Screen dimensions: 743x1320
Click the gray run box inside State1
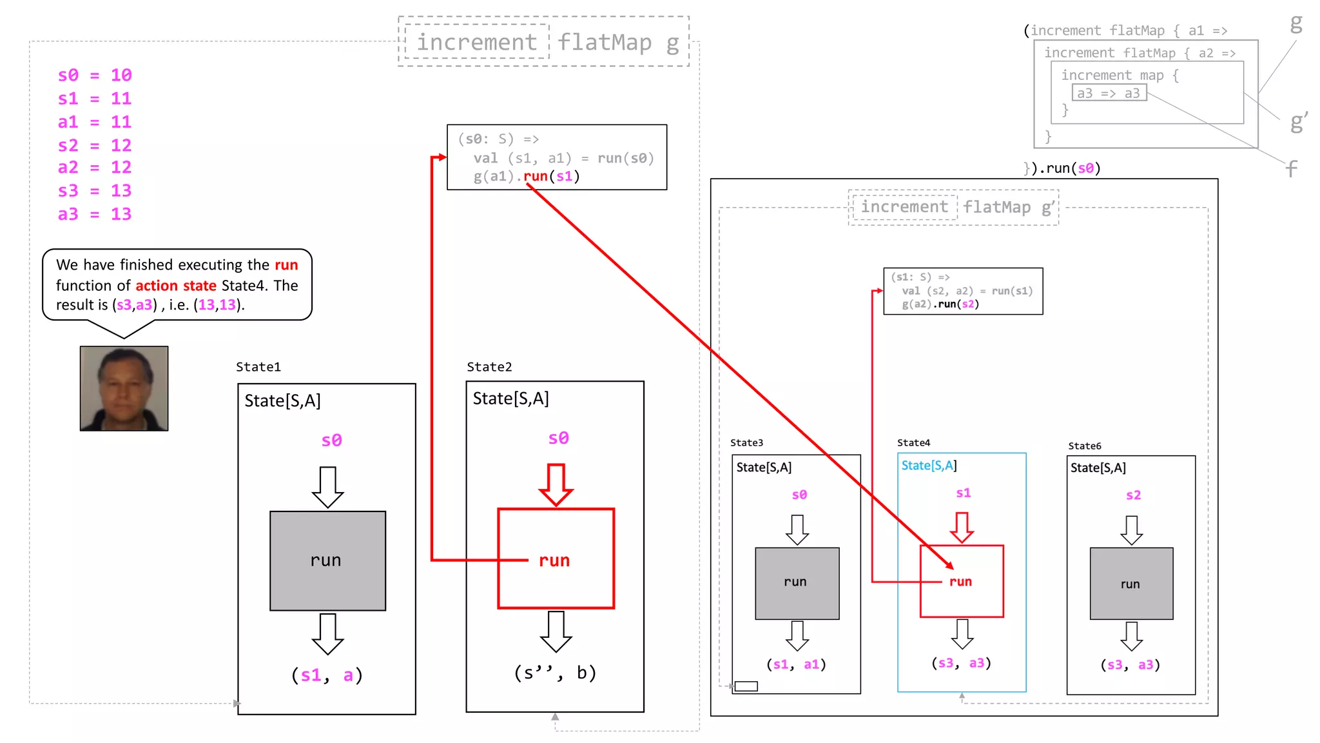click(x=327, y=560)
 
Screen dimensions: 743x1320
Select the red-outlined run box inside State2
click(x=556, y=559)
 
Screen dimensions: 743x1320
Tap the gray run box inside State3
click(x=797, y=583)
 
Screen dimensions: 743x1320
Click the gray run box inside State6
click(x=1131, y=584)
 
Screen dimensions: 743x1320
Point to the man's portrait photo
click(x=124, y=388)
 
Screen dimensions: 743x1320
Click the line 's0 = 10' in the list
click(x=95, y=75)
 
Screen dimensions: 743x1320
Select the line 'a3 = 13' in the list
click(x=95, y=214)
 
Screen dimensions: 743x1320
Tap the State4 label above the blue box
click(x=913, y=442)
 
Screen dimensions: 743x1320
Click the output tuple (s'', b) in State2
click(x=555, y=673)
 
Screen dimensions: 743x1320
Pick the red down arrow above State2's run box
click(x=556, y=484)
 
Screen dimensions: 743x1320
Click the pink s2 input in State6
click(x=1133, y=495)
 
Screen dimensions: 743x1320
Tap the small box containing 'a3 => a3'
click(x=1109, y=94)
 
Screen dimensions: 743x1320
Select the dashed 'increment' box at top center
click(x=476, y=42)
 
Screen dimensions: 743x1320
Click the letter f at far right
click(x=1291, y=169)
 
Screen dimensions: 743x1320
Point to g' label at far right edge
click(x=1298, y=121)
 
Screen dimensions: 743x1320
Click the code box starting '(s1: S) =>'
click(x=962, y=291)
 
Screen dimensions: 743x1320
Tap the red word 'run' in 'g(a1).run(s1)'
click(x=535, y=176)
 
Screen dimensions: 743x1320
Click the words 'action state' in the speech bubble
click(x=175, y=285)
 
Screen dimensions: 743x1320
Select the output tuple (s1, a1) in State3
click(x=796, y=664)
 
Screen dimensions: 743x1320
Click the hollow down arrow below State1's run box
click(x=327, y=633)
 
